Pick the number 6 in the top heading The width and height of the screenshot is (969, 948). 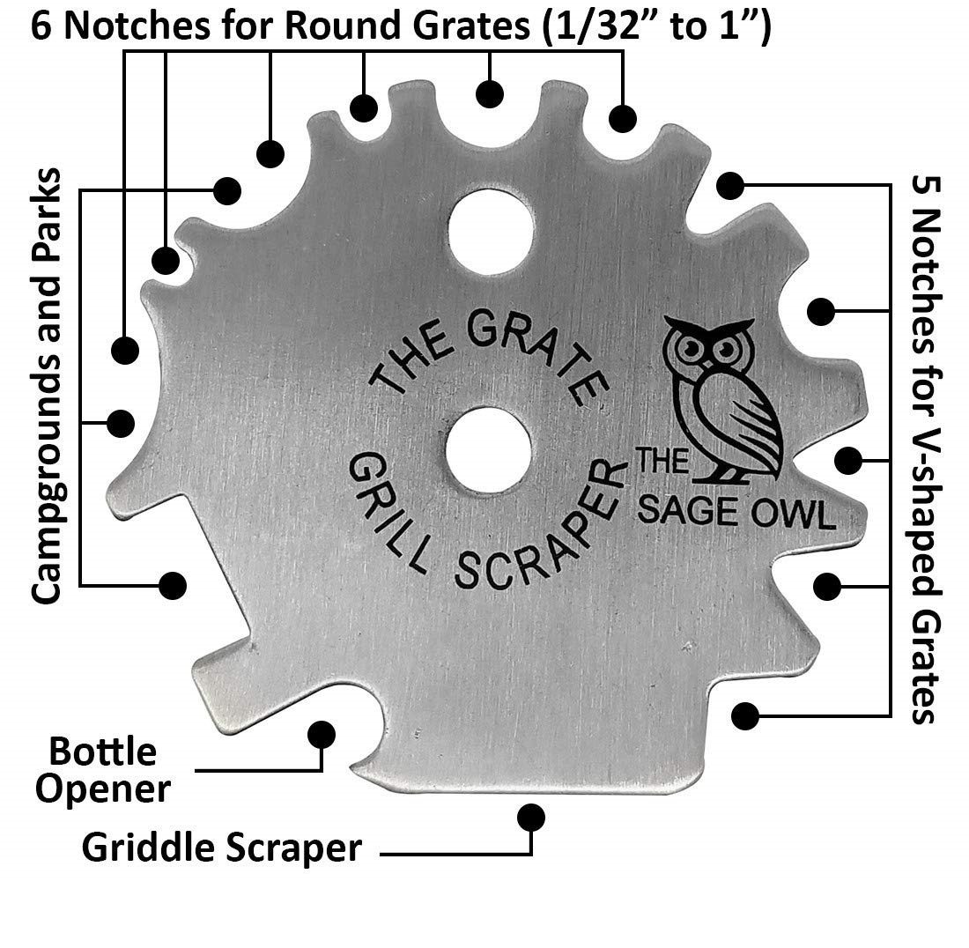tap(41, 26)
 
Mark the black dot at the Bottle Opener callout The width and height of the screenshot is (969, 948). tap(322, 733)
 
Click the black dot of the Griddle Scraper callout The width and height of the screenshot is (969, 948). tap(530, 817)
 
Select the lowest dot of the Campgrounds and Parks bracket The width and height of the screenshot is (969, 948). tap(173, 583)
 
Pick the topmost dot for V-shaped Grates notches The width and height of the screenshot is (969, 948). tap(729, 185)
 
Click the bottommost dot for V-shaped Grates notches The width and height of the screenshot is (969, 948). tap(745, 715)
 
